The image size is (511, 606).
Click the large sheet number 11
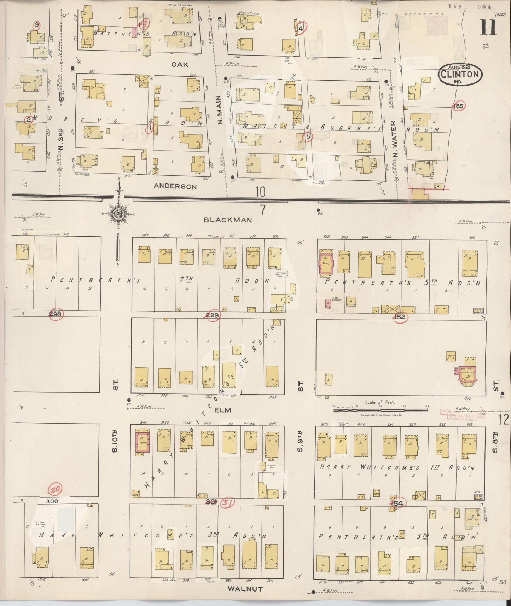coord(488,27)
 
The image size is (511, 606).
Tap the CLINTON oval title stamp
coord(460,75)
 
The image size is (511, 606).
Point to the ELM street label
coord(222,410)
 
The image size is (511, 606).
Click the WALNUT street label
coord(245,589)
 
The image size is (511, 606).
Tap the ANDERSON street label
coord(175,186)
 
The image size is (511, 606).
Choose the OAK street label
coord(180,65)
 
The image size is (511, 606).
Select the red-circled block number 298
coord(56,314)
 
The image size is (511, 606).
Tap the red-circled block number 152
coord(400,317)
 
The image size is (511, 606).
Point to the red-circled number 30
coord(56,490)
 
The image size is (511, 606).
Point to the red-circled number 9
coord(36,25)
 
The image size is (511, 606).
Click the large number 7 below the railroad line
coord(262,210)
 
